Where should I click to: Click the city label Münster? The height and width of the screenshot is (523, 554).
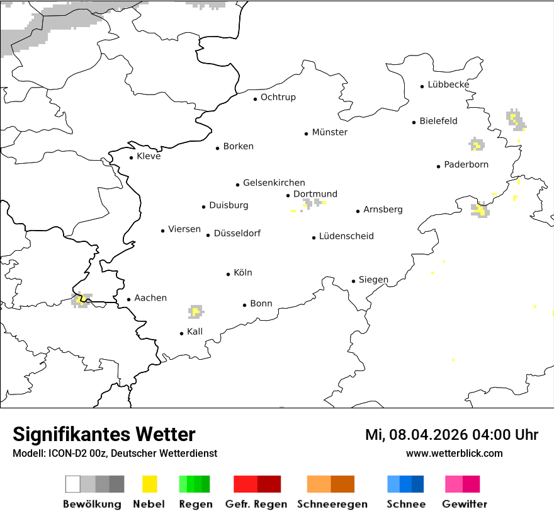(x=330, y=132)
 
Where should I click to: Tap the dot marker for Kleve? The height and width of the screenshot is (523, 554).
(x=131, y=158)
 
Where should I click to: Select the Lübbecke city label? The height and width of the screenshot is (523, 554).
(x=448, y=84)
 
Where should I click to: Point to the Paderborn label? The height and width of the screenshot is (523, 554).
(x=466, y=164)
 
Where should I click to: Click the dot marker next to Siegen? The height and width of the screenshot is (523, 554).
(x=353, y=281)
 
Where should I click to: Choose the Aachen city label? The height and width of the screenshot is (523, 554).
(x=150, y=298)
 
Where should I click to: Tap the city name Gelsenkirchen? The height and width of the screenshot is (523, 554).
(x=274, y=183)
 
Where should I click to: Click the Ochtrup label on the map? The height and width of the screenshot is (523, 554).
(x=278, y=97)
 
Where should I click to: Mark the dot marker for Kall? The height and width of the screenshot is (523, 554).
(x=181, y=333)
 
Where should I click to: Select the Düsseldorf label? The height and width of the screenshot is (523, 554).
(x=237, y=233)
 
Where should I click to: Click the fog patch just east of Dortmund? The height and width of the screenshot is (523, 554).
(x=312, y=203)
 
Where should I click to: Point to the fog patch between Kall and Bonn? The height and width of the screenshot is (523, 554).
(x=196, y=311)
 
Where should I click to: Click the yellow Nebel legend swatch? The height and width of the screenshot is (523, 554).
(x=149, y=484)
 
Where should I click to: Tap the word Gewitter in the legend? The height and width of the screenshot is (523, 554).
(x=464, y=504)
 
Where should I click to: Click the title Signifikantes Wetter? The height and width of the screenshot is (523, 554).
(x=104, y=434)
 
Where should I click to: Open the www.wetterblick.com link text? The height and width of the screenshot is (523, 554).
(x=454, y=453)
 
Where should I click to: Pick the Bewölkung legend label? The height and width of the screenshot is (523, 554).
(x=92, y=504)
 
